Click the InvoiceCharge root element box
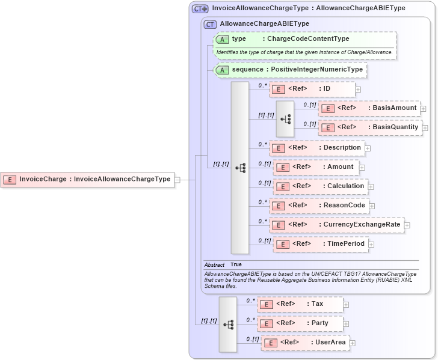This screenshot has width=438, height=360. click(87, 179)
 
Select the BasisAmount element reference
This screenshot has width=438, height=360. click(369, 108)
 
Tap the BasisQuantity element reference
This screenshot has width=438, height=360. click(370, 127)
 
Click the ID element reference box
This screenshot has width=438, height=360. click(312, 89)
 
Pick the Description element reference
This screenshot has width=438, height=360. click(316, 147)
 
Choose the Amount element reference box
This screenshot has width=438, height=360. click(316, 166)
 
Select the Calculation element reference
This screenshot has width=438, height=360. click(321, 186)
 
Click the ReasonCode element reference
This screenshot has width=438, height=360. click(319, 206)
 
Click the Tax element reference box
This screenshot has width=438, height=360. click(300, 304)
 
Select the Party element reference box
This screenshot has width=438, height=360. click(300, 323)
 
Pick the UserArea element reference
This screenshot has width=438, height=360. click(305, 343)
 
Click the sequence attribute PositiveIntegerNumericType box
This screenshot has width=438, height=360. click(291, 70)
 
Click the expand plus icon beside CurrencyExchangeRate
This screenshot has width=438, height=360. click(407, 225)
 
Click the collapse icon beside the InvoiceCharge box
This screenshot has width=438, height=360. click(177, 179)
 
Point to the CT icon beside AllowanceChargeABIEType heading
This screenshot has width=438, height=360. click(210, 24)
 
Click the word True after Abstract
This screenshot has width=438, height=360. click(236, 264)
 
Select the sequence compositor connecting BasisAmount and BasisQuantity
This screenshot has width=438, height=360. click(285, 118)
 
